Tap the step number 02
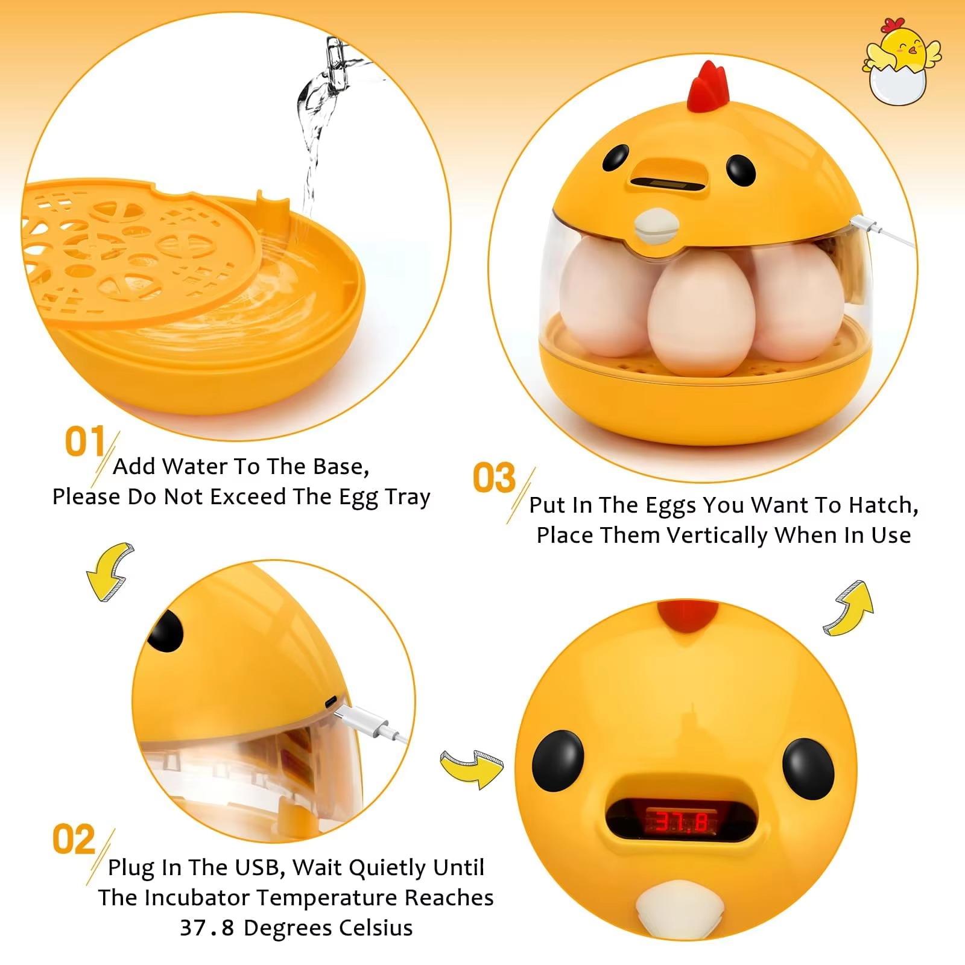point(74,839)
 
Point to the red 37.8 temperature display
point(682,821)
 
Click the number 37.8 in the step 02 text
point(206,928)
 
